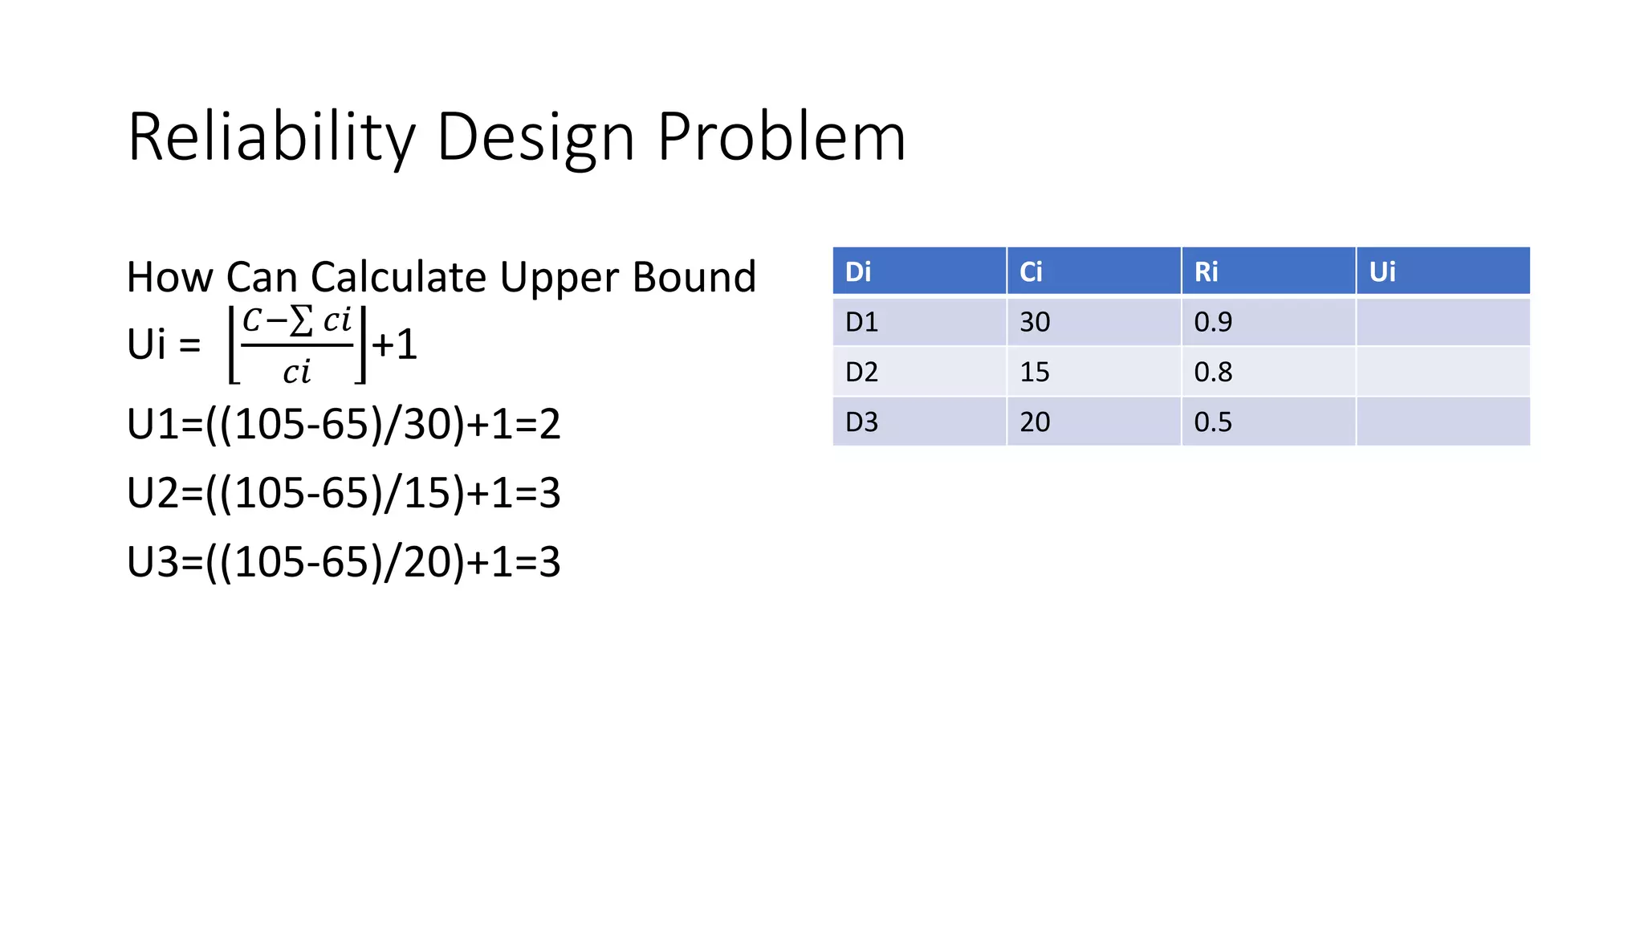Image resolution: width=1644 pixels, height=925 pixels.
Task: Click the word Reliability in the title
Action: coord(271,137)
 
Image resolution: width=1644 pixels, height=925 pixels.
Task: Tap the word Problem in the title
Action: coord(781,137)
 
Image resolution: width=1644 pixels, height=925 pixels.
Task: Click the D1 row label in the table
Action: coord(861,322)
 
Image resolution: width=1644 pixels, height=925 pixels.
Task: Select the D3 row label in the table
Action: coord(861,422)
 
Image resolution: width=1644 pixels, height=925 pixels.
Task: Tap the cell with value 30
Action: coord(1035,322)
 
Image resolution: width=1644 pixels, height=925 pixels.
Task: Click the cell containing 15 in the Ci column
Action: coord(1035,372)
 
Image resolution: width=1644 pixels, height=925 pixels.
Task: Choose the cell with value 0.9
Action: coord(1212,322)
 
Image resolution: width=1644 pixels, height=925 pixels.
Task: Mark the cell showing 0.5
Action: coord(1212,422)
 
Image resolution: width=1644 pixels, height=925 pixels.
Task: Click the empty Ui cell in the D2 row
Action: coord(1443,372)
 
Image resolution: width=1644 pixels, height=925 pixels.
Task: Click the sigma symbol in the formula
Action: coord(301,321)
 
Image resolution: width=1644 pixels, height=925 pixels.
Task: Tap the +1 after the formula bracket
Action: coord(394,344)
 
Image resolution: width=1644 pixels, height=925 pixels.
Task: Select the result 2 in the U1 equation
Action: coord(550,424)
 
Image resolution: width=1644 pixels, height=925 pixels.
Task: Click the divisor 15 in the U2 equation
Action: coord(425,493)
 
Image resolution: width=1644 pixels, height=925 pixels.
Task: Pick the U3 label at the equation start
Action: coord(153,562)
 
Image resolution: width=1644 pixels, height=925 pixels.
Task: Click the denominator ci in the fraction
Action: coord(296,372)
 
